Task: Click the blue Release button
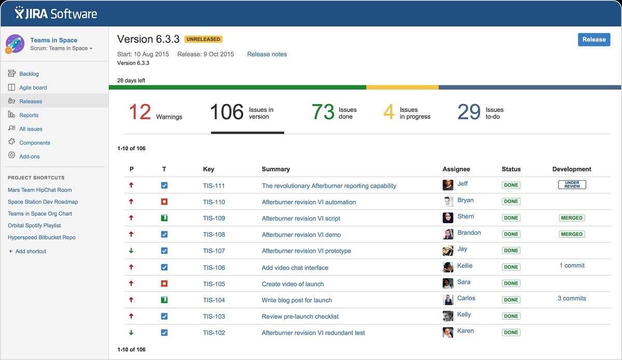pos(593,39)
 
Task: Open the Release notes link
pos(266,54)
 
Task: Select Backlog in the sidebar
pos(29,74)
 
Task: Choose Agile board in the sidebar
pos(33,88)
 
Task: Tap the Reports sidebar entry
pos(29,115)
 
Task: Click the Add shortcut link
pos(31,251)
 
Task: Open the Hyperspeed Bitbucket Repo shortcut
pos(41,237)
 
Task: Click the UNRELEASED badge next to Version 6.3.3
pos(204,39)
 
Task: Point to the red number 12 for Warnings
pos(139,112)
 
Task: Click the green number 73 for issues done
pos(322,112)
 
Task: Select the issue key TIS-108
pos(214,235)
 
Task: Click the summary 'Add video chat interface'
pos(295,268)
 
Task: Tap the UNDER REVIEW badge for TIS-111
pos(572,185)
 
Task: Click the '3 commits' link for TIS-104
pos(572,298)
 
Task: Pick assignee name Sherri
pos(465,217)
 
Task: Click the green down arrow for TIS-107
pos(131,251)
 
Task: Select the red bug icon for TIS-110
pos(164,201)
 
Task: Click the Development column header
pos(572,169)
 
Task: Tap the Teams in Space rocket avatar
pos(15,44)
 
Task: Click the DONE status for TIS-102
pos(511,333)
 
